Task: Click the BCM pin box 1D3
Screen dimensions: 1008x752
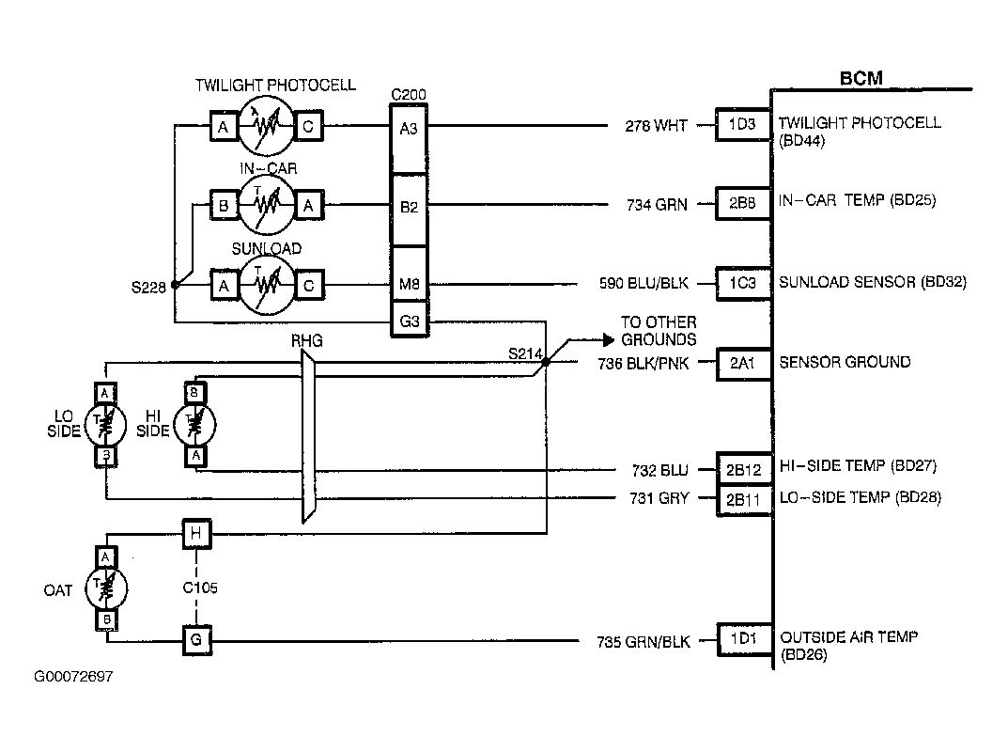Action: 743,124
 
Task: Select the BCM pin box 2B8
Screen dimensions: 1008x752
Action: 743,203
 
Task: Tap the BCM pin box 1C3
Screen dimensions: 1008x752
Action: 743,283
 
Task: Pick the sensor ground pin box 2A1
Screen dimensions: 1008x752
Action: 743,364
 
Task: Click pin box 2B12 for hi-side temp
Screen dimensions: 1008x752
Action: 744,470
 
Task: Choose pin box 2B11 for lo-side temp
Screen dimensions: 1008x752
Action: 744,500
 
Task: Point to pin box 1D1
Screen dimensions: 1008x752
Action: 744,639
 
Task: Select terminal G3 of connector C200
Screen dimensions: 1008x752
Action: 410,321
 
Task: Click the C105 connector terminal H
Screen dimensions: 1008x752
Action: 196,533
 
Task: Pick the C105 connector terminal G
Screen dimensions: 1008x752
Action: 196,640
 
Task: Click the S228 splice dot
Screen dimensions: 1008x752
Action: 175,285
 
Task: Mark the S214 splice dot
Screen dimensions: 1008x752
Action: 546,362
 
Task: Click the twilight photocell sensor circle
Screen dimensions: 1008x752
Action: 266,125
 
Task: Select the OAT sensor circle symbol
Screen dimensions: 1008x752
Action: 107,588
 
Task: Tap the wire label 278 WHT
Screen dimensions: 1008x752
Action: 657,125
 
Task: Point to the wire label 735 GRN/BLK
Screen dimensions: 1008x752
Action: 643,641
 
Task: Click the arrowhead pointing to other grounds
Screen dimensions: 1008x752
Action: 609,339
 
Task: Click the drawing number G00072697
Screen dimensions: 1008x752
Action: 73,677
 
